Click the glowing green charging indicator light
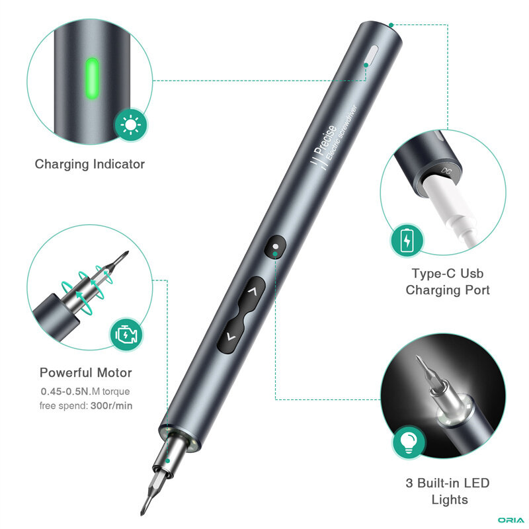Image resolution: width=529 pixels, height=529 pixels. (92, 79)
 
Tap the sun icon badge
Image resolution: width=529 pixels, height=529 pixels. (130, 125)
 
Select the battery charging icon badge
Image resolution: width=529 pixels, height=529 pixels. (407, 241)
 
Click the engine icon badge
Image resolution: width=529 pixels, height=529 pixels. (126, 335)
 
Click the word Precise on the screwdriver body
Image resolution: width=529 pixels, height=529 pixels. (324, 141)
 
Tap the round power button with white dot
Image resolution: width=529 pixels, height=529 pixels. (275, 247)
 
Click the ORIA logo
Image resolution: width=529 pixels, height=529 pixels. (510, 520)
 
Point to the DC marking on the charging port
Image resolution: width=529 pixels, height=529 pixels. (446, 171)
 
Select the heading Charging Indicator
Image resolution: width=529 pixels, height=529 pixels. (90, 164)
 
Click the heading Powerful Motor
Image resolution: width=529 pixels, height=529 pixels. (86, 372)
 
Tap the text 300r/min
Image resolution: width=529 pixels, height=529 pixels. (111, 405)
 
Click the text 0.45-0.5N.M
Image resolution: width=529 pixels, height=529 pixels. (71, 391)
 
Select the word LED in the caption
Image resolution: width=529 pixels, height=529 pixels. (476, 483)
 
